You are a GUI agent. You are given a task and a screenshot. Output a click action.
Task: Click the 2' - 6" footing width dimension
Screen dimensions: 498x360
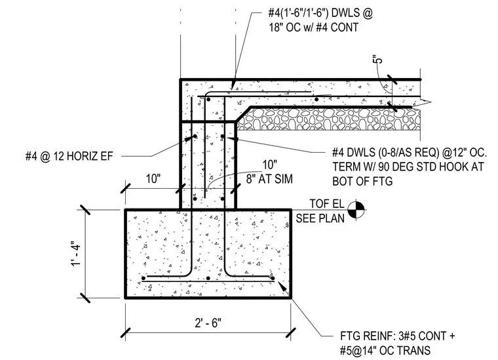coord(208,323)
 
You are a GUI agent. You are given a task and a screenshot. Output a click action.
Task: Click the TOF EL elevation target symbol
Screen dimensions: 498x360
coord(356,210)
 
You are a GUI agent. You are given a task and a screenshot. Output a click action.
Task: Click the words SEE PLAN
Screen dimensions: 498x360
coord(320,218)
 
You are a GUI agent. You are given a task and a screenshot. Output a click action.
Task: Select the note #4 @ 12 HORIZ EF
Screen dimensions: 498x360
coord(69,156)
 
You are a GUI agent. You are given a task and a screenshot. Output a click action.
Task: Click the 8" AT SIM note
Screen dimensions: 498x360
coord(269,179)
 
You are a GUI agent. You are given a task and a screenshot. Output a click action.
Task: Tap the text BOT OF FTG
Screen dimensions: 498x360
coord(362,181)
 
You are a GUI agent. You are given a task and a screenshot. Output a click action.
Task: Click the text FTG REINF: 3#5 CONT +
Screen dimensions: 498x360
coord(397,336)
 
